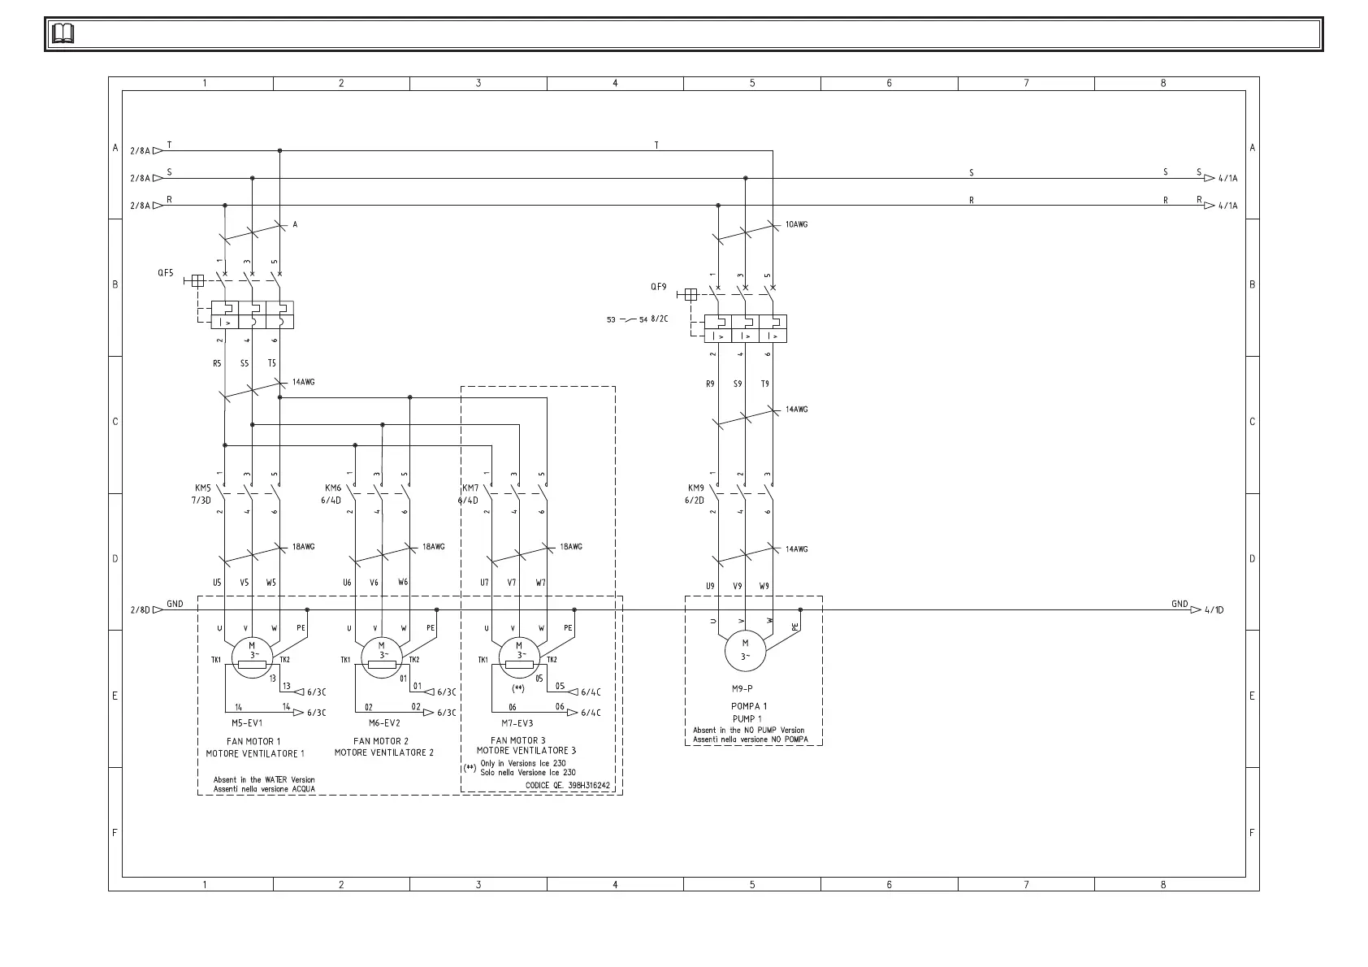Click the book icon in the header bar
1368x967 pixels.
(63, 34)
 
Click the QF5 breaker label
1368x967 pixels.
(166, 273)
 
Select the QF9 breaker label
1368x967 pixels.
(658, 287)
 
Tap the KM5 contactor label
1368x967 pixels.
(203, 488)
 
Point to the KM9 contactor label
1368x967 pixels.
(696, 488)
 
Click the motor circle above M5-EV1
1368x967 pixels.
(252, 653)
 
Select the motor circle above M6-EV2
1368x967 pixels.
(383, 653)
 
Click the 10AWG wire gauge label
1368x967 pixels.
(796, 224)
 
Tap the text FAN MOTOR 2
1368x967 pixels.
(381, 741)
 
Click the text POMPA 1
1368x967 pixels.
(749, 706)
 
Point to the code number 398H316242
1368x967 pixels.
(589, 786)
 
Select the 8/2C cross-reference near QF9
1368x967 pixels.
(660, 319)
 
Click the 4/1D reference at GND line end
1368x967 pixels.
(1214, 610)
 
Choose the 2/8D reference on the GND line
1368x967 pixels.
(141, 609)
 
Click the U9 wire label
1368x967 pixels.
(710, 586)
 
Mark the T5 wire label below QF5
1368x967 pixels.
(272, 363)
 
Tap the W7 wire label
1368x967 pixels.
(541, 583)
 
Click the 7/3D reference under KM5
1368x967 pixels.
(201, 501)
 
